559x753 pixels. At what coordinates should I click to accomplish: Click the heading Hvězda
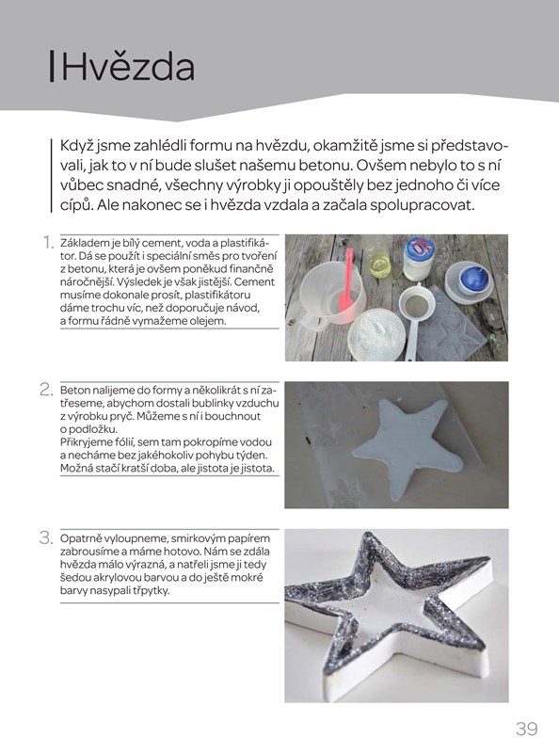[128, 67]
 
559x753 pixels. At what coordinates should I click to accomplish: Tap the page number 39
[527, 729]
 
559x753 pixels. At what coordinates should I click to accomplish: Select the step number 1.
[48, 242]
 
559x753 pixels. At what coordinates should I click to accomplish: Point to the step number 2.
[46, 389]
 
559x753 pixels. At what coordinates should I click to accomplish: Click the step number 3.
[46, 537]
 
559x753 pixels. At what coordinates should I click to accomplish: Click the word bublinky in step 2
[211, 403]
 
